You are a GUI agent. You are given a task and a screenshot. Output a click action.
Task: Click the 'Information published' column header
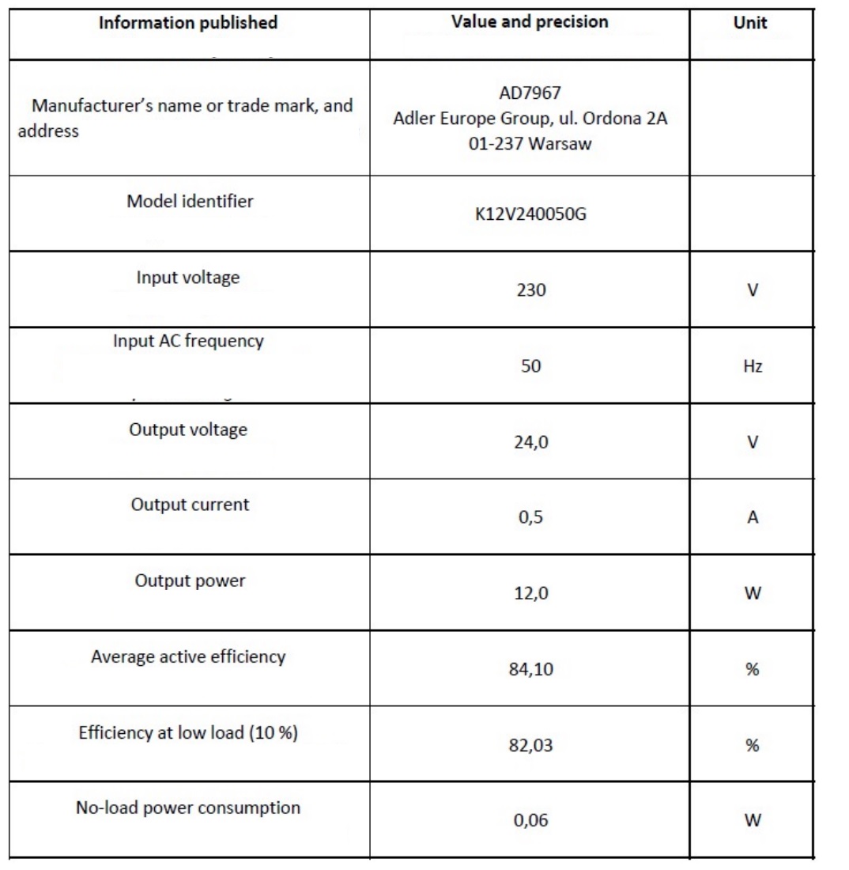187,23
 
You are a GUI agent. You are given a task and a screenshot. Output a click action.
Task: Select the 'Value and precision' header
530,21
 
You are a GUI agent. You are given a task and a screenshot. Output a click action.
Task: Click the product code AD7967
530,93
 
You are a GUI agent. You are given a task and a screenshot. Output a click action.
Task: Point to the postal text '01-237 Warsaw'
530,146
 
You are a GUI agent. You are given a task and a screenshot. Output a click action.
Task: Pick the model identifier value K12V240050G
530,217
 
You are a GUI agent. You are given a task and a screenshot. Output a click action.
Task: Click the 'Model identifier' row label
190,201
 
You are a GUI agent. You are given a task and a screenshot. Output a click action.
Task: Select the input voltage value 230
530,291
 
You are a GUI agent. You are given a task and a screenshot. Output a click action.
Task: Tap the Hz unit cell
753,367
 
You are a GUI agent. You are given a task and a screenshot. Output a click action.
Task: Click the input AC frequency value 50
530,367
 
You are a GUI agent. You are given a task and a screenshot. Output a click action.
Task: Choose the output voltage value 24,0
530,443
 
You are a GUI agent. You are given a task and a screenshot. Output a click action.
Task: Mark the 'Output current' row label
190,505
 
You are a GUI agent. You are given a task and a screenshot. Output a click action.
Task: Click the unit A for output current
753,519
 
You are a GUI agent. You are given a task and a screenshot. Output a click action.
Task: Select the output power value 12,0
530,595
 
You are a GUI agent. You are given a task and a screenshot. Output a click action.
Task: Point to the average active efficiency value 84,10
530,671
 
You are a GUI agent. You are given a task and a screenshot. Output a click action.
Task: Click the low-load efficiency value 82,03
530,747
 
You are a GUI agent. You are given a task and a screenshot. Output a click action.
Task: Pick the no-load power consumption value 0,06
530,821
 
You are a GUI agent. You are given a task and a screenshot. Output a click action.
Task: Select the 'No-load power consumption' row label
188,808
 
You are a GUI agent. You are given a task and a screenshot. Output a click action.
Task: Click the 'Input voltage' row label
188,278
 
